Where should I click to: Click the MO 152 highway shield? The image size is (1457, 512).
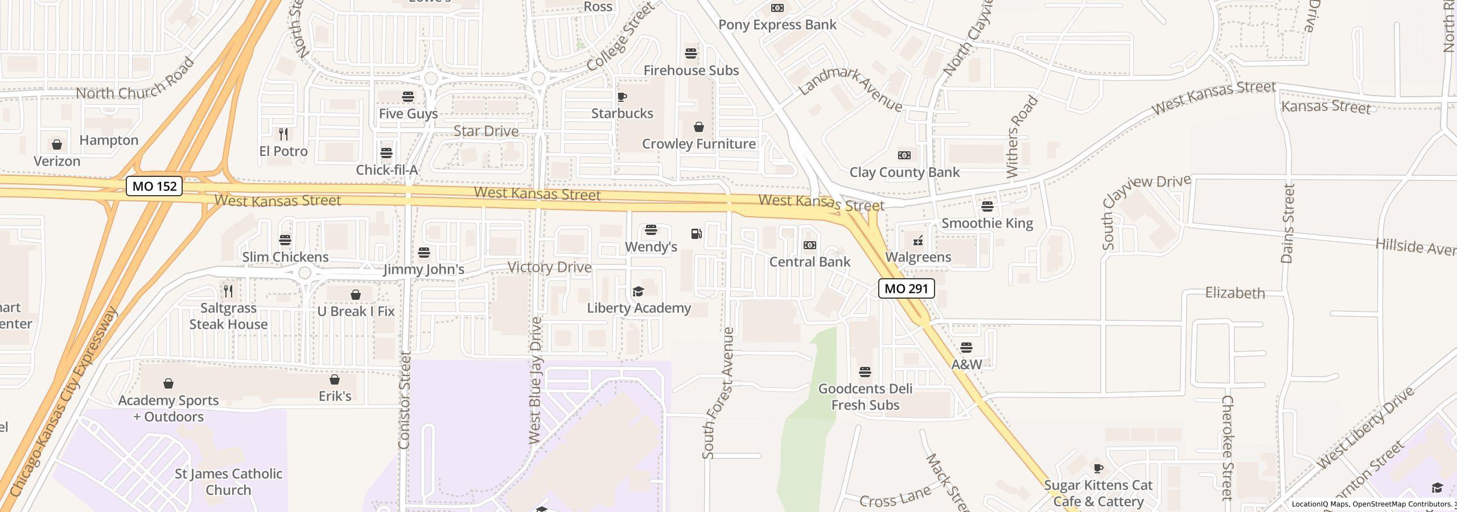pos(154,186)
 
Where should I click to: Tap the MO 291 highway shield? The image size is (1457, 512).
pos(906,288)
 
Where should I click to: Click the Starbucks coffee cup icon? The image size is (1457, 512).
pos(622,97)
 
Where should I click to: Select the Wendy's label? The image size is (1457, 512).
pos(651,247)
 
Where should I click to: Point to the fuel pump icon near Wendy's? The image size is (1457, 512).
pos(696,234)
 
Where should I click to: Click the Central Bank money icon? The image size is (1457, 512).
pos(809,245)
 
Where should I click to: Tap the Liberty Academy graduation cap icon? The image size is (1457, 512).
pos(638,292)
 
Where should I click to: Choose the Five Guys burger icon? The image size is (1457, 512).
pos(408,97)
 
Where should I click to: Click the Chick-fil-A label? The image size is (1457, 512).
pos(386,170)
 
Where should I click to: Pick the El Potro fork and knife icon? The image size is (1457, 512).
pos(283,134)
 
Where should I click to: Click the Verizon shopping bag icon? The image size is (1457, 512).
pos(57,145)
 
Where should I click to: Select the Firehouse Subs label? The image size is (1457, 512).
pos(691,71)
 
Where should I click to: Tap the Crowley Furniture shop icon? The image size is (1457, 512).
pos(698,127)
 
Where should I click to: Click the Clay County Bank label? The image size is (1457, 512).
pos(904,172)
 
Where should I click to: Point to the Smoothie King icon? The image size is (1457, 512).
pos(987,206)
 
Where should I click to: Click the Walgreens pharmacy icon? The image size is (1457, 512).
pos(918,241)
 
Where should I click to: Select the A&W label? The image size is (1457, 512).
pos(966,364)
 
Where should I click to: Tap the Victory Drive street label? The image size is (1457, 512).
pos(549,267)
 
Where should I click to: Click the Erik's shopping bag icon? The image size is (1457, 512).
pos(335,379)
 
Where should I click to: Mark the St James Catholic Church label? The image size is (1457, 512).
pos(228,482)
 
